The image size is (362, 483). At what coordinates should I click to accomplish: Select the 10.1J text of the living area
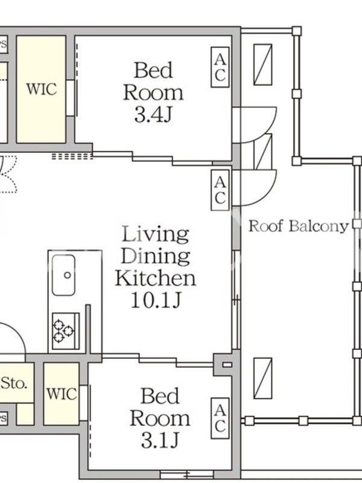click(x=156, y=300)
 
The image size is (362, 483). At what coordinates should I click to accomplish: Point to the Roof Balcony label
click(x=298, y=226)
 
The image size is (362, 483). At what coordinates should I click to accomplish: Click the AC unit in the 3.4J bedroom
click(x=220, y=67)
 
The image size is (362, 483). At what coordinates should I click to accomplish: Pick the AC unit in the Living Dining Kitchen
click(x=220, y=190)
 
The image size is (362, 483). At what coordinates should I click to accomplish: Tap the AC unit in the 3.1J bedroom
click(x=220, y=418)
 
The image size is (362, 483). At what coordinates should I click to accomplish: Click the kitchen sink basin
click(x=64, y=275)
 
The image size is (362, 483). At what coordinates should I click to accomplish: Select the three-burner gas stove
click(x=66, y=331)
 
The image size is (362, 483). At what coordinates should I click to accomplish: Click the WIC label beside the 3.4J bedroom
click(x=42, y=89)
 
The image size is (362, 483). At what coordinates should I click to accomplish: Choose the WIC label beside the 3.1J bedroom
click(x=62, y=394)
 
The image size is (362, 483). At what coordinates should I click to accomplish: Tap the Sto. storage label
click(x=14, y=383)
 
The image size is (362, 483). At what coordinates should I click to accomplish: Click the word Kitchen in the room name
click(x=156, y=278)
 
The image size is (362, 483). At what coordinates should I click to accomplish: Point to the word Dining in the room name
click(x=156, y=256)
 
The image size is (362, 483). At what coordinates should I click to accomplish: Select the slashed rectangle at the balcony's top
click(x=263, y=65)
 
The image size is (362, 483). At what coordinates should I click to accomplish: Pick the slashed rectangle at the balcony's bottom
click(x=263, y=379)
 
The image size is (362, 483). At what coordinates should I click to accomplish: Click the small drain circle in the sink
click(x=68, y=275)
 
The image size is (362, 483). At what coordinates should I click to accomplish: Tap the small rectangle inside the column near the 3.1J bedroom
click(x=227, y=365)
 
